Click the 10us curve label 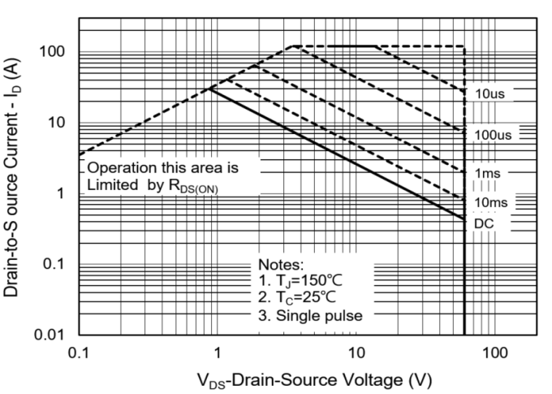489,94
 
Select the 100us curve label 493,135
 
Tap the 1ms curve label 488,173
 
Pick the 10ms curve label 491,202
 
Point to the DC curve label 484,223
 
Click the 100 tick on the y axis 52,52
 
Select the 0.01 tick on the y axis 50,335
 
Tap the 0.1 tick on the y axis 54,263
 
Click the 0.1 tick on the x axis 80,353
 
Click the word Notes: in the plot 281,264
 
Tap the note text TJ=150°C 309,281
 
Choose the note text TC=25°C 306,297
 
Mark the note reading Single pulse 319,316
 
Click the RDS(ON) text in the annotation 194,186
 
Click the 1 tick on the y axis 61,193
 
